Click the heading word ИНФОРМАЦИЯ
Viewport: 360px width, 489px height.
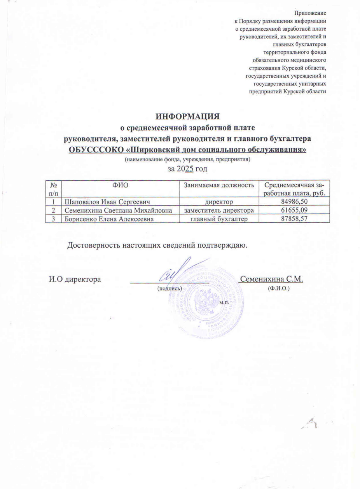click(187, 117)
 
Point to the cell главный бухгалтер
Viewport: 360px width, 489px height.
click(219, 219)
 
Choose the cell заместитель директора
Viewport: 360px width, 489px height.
click(219, 210)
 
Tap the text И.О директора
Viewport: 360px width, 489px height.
click(75, 279)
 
